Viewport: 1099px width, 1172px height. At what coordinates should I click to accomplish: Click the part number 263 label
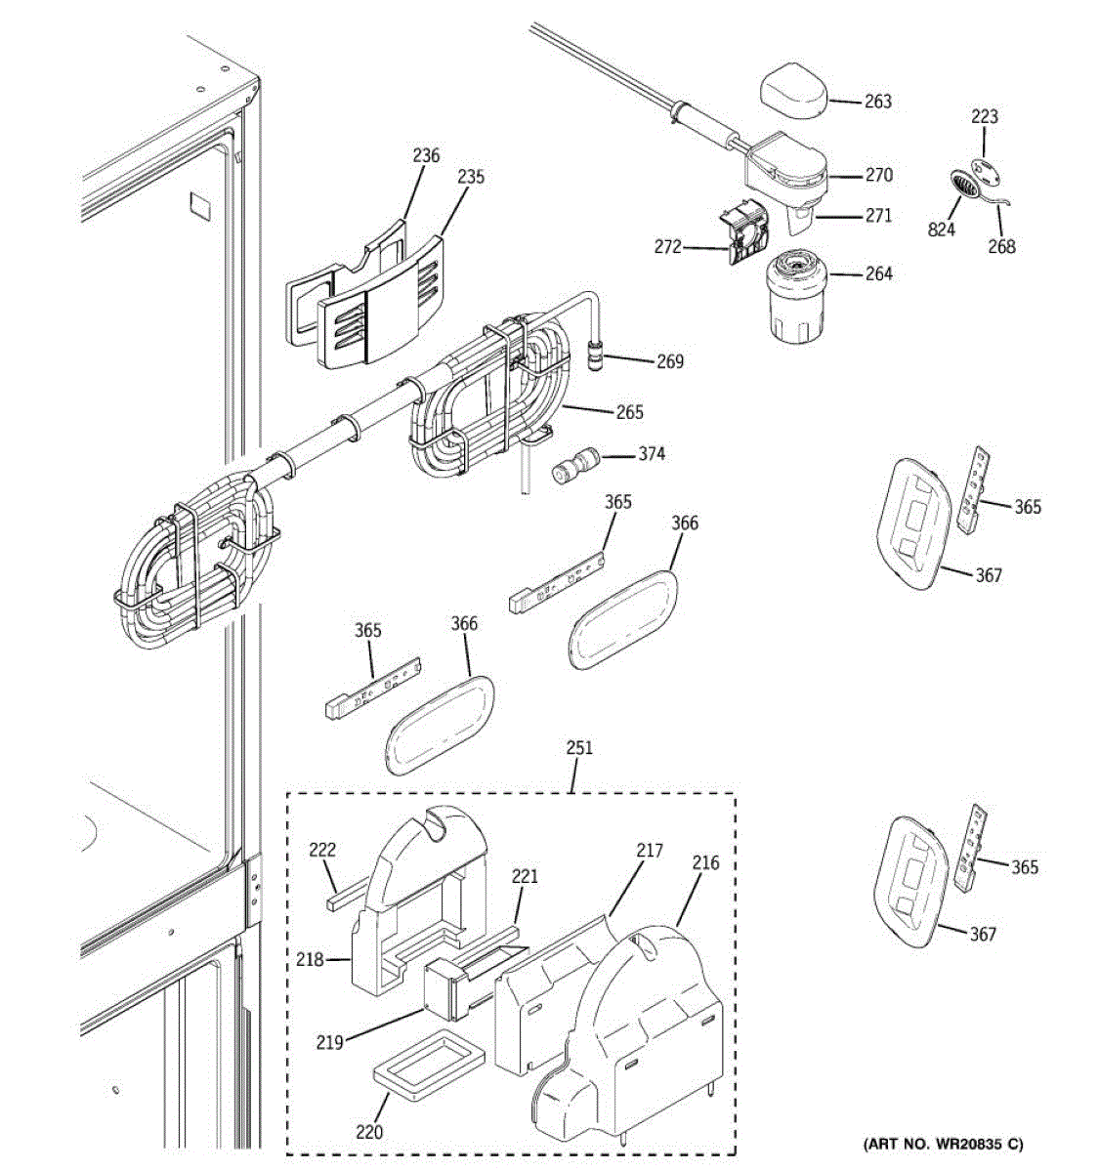(877, 102)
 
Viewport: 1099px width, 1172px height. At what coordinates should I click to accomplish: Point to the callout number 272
(667, 247)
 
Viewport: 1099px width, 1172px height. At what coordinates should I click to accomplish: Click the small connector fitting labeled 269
(595, 356)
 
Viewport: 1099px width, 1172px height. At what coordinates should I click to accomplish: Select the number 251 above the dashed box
(578, 748)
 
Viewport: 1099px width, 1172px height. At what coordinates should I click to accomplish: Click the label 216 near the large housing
(705, 863)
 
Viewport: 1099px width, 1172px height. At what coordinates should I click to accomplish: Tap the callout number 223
(985, 116)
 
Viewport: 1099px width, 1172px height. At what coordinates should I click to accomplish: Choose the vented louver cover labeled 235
(380, 302)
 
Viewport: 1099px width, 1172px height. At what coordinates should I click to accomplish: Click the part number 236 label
(426, 156)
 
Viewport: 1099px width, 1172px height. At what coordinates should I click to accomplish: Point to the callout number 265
(629, 412)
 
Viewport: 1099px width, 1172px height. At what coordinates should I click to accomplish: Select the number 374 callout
(652, 454)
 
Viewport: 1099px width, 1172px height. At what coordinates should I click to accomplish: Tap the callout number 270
(879, 175)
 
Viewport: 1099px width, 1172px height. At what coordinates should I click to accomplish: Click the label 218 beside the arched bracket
(310, 960)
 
